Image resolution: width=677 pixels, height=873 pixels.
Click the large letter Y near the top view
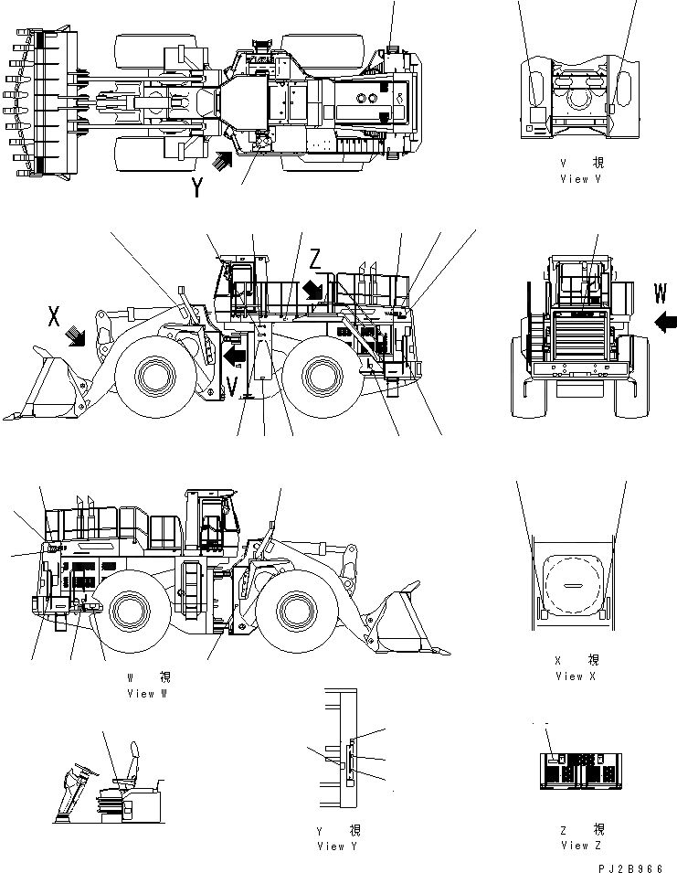pos(198,187)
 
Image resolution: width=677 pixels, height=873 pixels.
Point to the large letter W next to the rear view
pos(661,293)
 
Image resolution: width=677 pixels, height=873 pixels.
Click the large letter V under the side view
pos(233,387)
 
